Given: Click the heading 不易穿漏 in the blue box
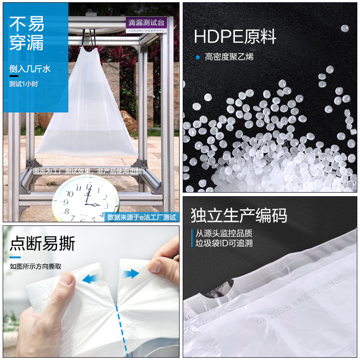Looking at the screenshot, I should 27,33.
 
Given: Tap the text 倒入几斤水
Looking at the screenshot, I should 30,69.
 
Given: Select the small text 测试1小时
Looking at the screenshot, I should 23,84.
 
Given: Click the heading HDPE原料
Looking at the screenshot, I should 235,36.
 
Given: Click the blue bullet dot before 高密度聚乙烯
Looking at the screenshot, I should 197,57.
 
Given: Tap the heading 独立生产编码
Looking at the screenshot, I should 238,215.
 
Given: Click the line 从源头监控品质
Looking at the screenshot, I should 224,233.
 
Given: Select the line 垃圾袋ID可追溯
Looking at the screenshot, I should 224,243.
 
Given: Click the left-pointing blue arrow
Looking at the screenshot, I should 91,279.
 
